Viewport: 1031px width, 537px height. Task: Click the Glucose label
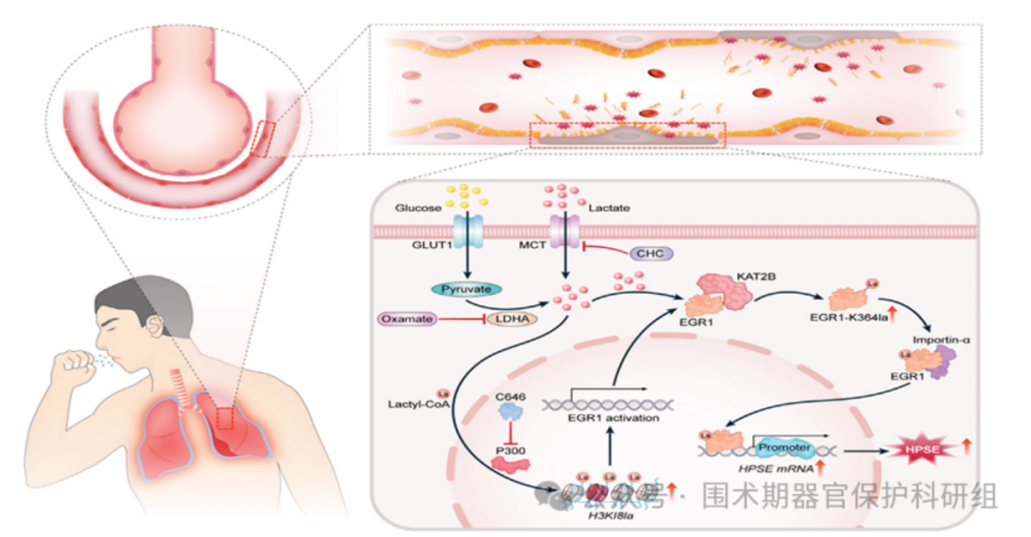pyautogui.click(x=418, y=207)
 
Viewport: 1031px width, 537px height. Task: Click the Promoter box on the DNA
pyautogui.click(x=783, y=446)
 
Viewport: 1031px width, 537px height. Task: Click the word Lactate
pyautogui.click(x=609, y=207)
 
